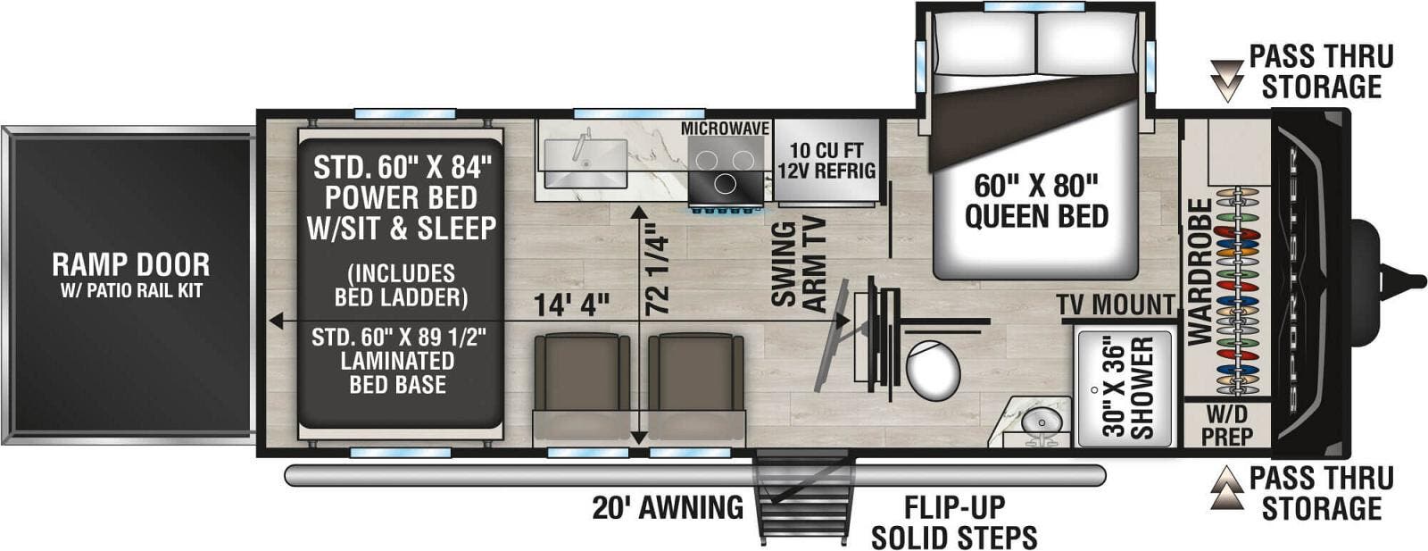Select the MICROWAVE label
point(725,129)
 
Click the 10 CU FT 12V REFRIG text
point(826,161)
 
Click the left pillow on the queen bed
point(984,43)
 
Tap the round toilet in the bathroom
point(932,370)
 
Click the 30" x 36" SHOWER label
point(1128,388)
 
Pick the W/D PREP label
point(1228,425)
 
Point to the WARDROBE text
point(1200,272)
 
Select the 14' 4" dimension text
point(571,305)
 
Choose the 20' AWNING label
point(668,507)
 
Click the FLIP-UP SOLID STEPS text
point(954,522)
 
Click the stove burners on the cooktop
point(725,170)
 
